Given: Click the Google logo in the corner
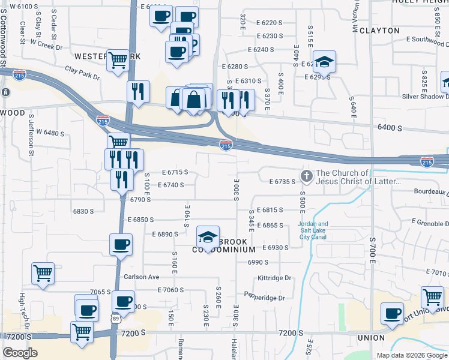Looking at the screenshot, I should [x=20, y=353].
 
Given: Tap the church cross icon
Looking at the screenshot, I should [x=306, y=176].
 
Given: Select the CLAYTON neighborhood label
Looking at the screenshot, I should [x=379, y=30].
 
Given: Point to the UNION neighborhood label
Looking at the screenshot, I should [x=371, y=338].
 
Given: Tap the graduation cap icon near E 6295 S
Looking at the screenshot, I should [x=324, y=62].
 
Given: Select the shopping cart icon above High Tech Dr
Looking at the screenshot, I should [x=43, y=273].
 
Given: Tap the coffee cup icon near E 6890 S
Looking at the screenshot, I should [x=121, y=244].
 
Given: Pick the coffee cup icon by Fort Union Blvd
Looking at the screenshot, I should [x=393, y=313].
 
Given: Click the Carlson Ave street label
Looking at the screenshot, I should [x=142, y=277].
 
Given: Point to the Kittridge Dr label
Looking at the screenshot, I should [x=274, y=278].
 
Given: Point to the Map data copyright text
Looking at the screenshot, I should [x=411, y=355].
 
